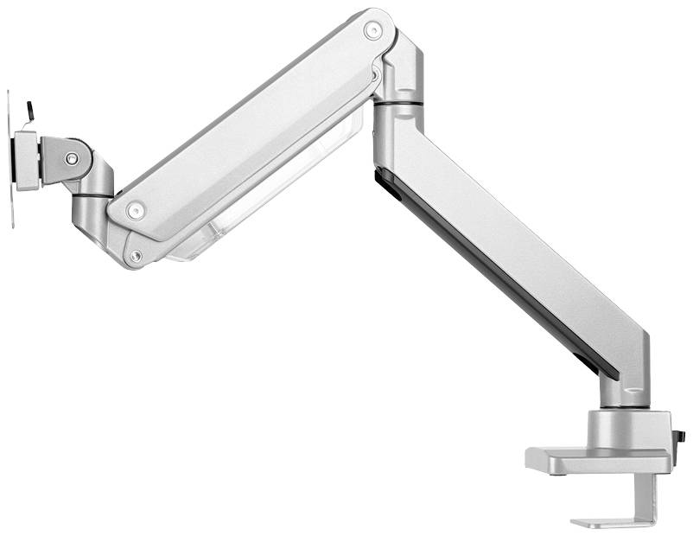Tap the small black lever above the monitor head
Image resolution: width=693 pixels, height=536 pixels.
pyautogui.click(x=31, y=112)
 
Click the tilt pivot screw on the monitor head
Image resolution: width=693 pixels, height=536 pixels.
pyautogui.click(x=72, y=158)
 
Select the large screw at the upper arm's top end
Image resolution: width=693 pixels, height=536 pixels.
pyautogui.click(x=372, y=31)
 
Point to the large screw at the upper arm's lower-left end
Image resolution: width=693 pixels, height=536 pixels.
pyautogui.click(x=133, y=210)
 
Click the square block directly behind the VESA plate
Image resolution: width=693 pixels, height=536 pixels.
pyautogui.click(x=26, y=161)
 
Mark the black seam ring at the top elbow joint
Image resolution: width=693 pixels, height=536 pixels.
pyautogui.click(x=399, y=104)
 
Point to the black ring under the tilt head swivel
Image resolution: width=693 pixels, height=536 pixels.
pyautogui.click(x=98, y=196)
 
